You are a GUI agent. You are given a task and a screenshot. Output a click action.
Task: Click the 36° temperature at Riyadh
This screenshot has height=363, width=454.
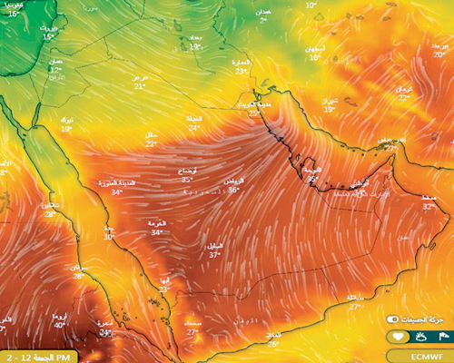(x=234, y=191)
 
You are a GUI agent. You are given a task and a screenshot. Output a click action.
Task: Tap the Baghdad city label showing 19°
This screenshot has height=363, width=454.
(x=195, y=46)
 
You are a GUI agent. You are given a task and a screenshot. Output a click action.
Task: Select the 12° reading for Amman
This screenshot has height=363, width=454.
(x=55, y=70)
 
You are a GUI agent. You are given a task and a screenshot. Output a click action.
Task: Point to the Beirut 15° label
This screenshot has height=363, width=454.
(x=47, y=39)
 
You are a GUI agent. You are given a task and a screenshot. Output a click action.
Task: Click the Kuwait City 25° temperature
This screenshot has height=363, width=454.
(x=252, y=114)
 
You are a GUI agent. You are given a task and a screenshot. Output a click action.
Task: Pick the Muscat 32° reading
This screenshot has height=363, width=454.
(x=429, y=206)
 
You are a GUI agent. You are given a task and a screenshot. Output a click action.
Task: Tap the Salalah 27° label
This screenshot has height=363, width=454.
(x=357, y=307)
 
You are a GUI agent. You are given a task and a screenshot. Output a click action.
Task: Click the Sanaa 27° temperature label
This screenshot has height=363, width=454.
(x=192, y=332)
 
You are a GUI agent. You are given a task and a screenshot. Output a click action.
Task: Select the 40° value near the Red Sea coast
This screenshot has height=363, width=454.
(x=59, y=325)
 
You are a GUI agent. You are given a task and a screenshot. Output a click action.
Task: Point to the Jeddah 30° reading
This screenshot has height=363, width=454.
(x=109, y=237)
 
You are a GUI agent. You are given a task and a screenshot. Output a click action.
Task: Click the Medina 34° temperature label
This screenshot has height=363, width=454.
(x=116, y=192)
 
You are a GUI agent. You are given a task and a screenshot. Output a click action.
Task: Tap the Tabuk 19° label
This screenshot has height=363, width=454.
(x=66, y=129)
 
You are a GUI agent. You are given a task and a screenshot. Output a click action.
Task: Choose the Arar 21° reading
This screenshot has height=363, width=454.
(x=140, y=87)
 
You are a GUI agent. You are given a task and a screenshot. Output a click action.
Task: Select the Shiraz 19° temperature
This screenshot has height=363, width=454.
(x=329, y=109)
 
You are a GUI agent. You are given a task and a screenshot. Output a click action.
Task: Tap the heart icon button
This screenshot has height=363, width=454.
(x=397, y=338)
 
